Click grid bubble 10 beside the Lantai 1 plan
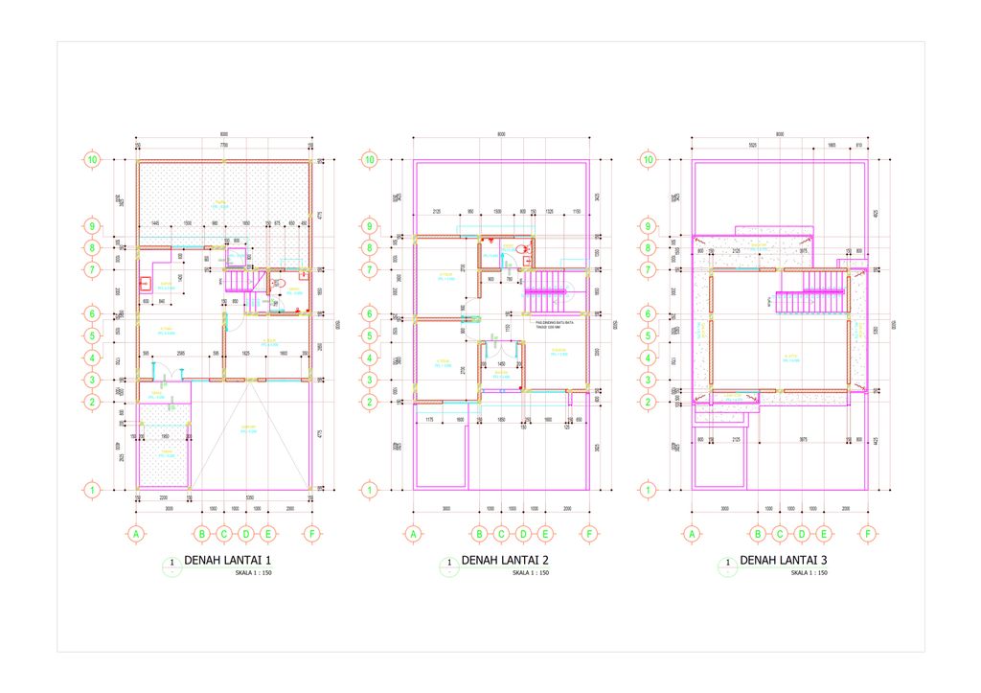click(92, 160)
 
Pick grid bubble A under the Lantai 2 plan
click(414, 534)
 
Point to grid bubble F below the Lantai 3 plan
click(868, 534)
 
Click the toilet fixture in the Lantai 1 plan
click(279, 283)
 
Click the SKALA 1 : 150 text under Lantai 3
click(809, 573)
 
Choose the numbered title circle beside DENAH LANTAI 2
click(448, 564)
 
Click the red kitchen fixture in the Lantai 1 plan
click(145, 283)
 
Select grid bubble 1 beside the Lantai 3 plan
click(648, 490)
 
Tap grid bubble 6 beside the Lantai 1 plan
click(92, 313)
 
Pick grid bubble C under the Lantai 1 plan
click(224, 534)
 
